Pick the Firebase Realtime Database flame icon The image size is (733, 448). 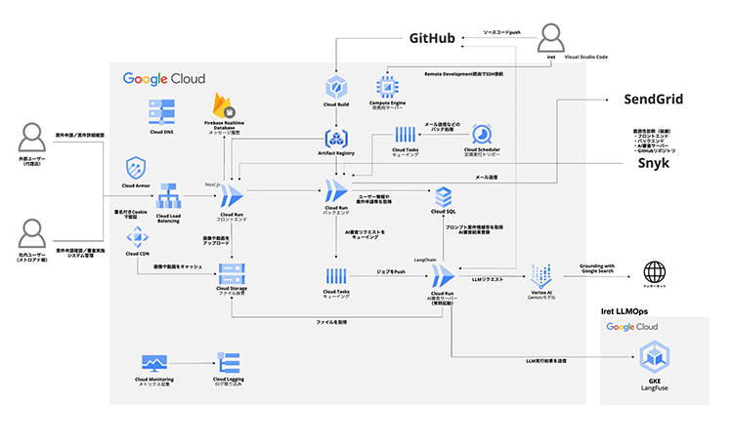226,103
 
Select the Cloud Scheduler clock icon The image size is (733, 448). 483,134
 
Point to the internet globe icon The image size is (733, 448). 652,272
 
